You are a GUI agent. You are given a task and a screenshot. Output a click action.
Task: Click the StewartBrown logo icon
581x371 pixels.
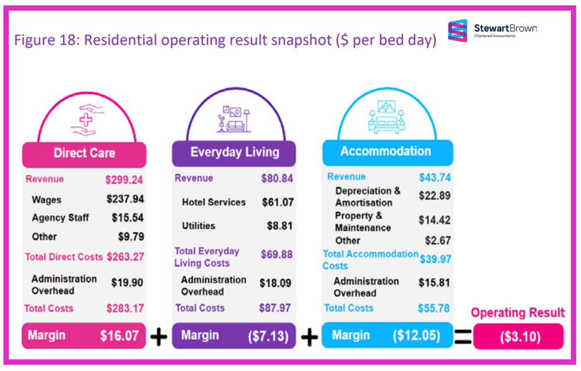(x=457, y=31)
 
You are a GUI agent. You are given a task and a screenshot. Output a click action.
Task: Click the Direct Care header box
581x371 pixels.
(x=84, y=154)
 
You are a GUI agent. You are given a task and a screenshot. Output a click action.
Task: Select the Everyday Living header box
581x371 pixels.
(x=235, y=152)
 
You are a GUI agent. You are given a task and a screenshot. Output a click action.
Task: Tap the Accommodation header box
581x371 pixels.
(x=386, y=151)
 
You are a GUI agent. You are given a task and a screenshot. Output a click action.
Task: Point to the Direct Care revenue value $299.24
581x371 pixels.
(x=124, y=180)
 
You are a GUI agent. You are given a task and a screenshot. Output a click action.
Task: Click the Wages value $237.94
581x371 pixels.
(x=125, y=199)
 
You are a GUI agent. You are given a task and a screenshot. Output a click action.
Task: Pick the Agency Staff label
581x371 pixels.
(x=60, y=217)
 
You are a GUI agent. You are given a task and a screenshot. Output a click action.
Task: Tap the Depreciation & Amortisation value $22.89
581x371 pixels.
(x=434, y=196)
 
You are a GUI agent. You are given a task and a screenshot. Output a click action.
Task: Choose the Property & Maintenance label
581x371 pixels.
(x=363, y=222)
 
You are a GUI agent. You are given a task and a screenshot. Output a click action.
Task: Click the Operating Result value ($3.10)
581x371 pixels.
(x=518, y=337)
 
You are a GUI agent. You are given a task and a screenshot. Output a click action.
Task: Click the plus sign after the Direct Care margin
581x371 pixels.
(x=159, y=337)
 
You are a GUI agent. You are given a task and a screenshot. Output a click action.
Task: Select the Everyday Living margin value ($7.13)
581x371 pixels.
(x=268, y=336)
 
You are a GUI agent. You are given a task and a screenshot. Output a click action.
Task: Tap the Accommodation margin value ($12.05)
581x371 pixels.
(x=417, y=336)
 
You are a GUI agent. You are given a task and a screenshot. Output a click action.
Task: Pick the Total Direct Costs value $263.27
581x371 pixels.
(x=125, y=256)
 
